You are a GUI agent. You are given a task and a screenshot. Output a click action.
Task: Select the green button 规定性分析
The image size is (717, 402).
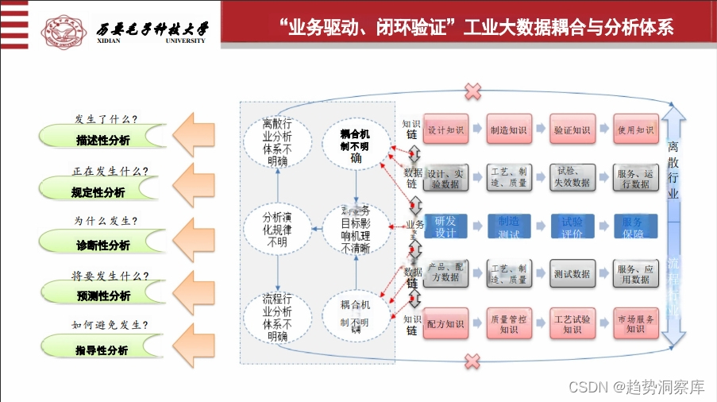97,191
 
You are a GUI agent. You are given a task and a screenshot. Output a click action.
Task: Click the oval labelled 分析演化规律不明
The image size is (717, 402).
278,228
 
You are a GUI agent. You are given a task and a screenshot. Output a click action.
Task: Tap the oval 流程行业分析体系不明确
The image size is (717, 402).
278,317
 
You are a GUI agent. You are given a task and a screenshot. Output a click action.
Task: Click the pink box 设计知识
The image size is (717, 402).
445,129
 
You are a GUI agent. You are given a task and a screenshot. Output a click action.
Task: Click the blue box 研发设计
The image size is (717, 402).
445,227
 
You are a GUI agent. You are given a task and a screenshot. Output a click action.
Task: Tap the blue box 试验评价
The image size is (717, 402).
572,227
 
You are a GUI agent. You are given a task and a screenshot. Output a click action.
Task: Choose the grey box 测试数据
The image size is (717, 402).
572,274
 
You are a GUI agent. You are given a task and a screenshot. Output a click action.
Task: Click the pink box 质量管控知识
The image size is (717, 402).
509,324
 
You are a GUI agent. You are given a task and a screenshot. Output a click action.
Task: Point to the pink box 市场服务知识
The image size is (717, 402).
635,324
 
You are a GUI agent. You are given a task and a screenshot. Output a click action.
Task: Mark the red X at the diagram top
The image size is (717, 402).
472,91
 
